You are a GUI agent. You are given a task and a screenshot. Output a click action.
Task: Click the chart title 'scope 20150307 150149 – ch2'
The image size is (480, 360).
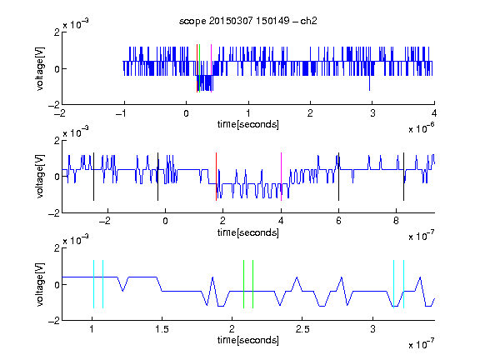click(x=247, y=21)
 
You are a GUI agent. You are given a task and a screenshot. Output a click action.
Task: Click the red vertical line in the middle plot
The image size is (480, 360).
click(x=216, y=177)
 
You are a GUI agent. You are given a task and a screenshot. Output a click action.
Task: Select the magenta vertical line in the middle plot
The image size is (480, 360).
click(x=281, y=177)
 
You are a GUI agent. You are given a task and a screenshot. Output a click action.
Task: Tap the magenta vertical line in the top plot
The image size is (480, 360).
click(x=211, y=68)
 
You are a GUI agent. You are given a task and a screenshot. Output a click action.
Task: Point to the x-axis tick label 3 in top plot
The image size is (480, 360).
click(x=372, y=113)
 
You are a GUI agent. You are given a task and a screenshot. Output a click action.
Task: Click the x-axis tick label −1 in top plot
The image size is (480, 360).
click(x=121, y=113)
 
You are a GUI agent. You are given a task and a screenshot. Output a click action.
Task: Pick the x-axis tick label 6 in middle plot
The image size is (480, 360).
click(x=338, y=221)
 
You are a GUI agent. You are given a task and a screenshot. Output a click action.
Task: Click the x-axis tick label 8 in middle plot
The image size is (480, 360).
click(x=396, y=221)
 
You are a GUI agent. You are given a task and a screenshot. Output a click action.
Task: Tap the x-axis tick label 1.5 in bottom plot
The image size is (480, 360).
click(x=162, y=329)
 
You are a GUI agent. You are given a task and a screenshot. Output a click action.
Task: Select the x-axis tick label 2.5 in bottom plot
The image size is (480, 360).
click(x=302, y=329)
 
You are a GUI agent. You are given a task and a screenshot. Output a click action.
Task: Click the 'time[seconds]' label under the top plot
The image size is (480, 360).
click(x=248, y=124)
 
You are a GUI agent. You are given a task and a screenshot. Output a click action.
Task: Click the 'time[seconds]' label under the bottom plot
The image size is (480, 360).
click(x=248, y=340)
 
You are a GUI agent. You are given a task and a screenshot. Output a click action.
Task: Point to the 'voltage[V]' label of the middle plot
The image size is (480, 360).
click(x=40, y=177)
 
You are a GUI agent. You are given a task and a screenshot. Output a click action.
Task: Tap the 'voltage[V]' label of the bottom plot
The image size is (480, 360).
click(x=40, y=284)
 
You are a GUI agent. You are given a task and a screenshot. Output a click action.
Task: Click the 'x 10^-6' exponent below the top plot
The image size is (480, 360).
click(x=422, y=128)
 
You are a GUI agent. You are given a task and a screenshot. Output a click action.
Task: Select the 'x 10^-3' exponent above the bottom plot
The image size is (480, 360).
click(x=76, y=240)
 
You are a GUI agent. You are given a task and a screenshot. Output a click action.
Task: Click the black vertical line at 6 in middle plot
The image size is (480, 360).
click(x=338, y=177)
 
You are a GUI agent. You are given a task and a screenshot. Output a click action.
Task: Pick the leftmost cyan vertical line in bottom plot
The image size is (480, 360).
click(x=93, y=284)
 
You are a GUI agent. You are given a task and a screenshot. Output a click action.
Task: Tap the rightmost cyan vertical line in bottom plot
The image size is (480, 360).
click(x=404, y=284)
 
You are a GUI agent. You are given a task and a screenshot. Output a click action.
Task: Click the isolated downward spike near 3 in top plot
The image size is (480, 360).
click(x=369, y=82)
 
